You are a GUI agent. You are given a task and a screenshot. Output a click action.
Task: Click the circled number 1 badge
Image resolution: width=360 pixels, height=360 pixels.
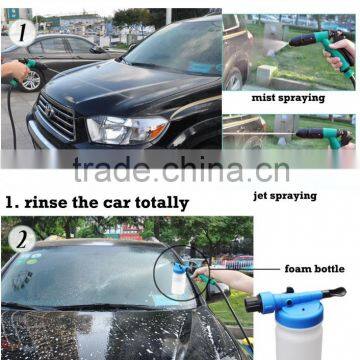22,32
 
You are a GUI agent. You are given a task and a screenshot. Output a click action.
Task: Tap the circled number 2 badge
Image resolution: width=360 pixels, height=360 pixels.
22,239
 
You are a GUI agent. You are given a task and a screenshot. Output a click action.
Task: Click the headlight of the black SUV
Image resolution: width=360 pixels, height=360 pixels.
128,129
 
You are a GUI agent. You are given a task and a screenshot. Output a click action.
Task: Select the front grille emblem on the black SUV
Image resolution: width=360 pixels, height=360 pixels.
50,110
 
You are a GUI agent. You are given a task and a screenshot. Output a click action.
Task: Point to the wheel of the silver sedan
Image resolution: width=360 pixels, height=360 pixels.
31,81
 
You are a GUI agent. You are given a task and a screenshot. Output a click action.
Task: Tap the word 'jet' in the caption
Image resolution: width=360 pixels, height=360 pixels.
261,196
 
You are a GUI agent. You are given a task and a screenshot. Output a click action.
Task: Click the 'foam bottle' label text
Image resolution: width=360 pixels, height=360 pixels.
314,269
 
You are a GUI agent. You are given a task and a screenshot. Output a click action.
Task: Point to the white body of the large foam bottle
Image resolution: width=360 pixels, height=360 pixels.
299,343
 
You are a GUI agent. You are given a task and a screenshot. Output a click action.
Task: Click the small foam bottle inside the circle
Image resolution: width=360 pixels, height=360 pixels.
179,279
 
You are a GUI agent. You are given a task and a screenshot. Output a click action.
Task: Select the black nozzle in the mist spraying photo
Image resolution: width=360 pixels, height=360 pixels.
302,40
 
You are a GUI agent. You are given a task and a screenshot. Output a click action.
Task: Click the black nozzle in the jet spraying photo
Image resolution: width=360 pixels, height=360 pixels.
309,133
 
